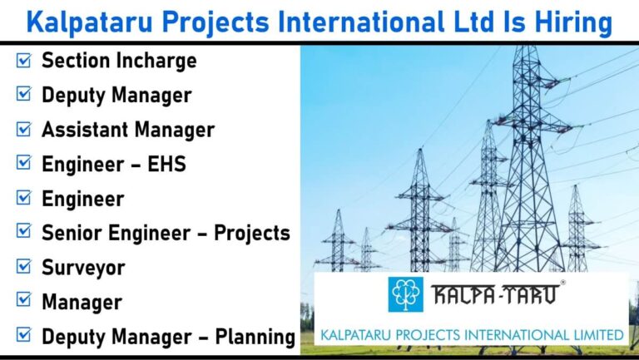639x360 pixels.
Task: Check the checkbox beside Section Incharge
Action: (x=23, y=60)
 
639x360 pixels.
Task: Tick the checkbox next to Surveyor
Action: (x=23, y=266)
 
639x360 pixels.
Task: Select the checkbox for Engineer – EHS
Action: (x=23, y=163)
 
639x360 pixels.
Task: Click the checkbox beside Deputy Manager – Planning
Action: (x=23, y=335)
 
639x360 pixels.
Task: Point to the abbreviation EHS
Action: (x=166, y=164)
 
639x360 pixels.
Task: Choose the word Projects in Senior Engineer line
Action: (x=252, y=234)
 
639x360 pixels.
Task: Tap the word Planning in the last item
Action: (x=255, y=337)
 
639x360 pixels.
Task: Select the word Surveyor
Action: (x=83, y=268)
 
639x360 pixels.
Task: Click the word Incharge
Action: (x=156, y=61)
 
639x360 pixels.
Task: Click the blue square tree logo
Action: (x=405, y=294)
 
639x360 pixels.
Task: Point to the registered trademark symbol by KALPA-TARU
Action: (x=562, y=282)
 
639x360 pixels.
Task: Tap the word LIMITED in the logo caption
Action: (x=598, y=335)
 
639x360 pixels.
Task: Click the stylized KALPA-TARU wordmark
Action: (x=495, y=294)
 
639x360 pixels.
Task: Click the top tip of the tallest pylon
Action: (x=526, y=46)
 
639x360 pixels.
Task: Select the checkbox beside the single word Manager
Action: (x=23, y=299)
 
